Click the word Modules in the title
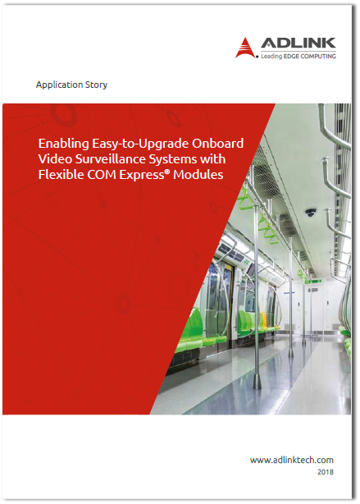tap(200, 174)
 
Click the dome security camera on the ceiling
tap(311, 213)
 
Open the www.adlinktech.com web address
tap(293, 460)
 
